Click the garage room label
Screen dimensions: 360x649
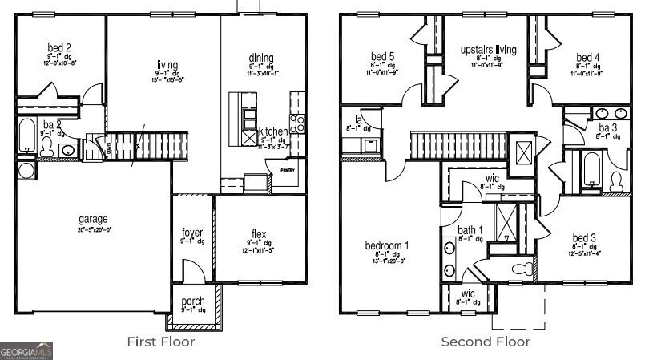click(93, 219)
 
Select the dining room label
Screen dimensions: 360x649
click(261, 58)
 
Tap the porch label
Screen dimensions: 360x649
click(193, 301)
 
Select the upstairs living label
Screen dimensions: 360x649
click(488, 50)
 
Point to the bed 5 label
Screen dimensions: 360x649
click(382, 57)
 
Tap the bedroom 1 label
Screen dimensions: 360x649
click(387, 245)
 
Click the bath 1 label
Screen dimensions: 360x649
click(470, 230)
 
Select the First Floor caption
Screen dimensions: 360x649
click(160, 342)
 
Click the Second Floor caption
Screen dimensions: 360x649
click(486, 342)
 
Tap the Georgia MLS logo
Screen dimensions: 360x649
click(26, 350)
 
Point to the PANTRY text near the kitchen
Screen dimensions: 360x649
click(287, 170)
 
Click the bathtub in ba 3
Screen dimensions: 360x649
click(591, 169)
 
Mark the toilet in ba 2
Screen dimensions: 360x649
click(46, 146)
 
